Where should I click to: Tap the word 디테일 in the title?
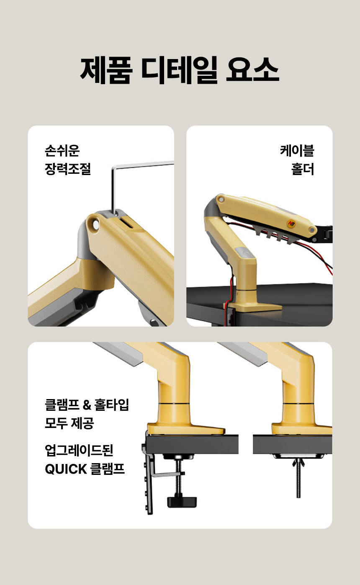pyautogui.click(x=179, y=70)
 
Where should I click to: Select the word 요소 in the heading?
pyautogui.click(x=253, y=70)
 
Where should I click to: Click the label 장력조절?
pyautogui.click(x=68, y=169)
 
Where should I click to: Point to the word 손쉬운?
pyautogui.click(x=62, y=151)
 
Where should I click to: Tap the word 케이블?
pyautogui.click(x=297, y=151)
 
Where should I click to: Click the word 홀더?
pyautogui.click(x=303, y=169)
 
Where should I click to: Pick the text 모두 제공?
pyautogui.click(x=69, y=423)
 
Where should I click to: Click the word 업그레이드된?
pyautogui.click(x=79, y=450)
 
